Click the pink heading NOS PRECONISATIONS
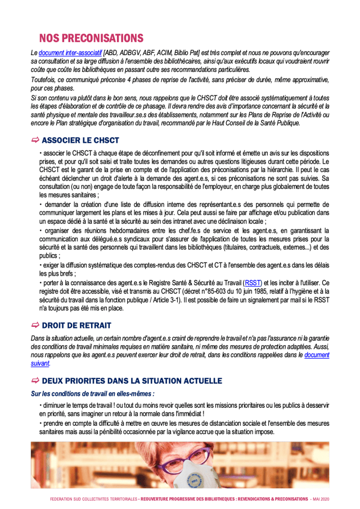tap(91, 38)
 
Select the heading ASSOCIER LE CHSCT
tap(80, 140)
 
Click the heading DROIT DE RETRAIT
tap(76, 325)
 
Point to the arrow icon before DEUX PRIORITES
tap(35, 381)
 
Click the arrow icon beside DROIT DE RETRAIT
tap(35, 325)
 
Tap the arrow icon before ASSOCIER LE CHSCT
tap(35, 140)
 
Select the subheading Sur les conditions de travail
tap(92, 393)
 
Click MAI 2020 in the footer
tap(321, 499)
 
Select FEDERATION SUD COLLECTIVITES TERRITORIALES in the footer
tap(93, 499)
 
